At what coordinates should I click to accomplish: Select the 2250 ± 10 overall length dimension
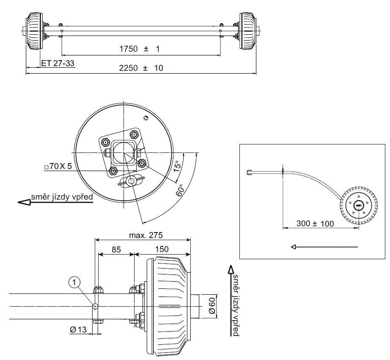pos(141,68)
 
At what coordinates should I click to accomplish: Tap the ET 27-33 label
pos(58,63)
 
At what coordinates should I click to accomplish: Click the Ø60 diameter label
pos(213,306)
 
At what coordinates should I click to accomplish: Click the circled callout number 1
pos(74,281)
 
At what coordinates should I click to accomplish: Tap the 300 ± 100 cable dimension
pos(316,223)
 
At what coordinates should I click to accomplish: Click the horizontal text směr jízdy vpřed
pos(61,197)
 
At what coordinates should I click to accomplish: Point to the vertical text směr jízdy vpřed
pos(236,305)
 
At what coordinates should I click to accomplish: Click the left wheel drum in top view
pos(35,30)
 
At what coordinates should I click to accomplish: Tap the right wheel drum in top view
pos(247,30)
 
